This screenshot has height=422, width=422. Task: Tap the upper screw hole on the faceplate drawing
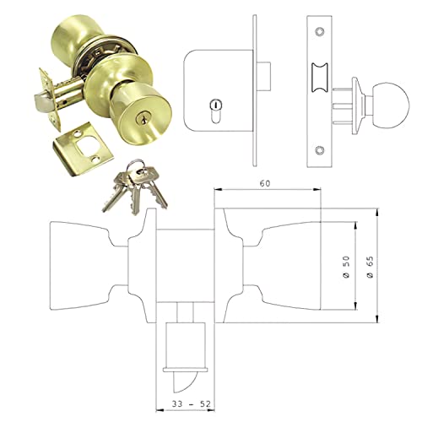[318, 31]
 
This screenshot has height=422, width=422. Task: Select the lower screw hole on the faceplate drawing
[318, 151]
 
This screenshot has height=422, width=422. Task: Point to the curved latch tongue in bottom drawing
[187, 381]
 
